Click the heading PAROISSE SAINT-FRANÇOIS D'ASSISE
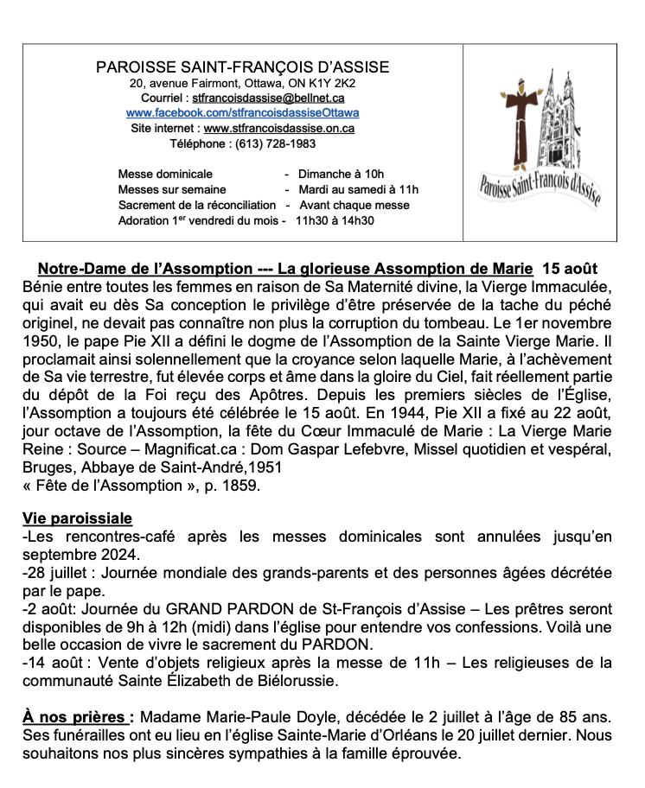[243, 67]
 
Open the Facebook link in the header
[243, 113]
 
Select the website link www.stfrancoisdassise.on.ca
[279, 128]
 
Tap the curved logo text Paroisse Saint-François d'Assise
[540, 186]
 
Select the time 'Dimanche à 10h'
[341, 174]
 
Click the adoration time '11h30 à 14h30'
[335, 220]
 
